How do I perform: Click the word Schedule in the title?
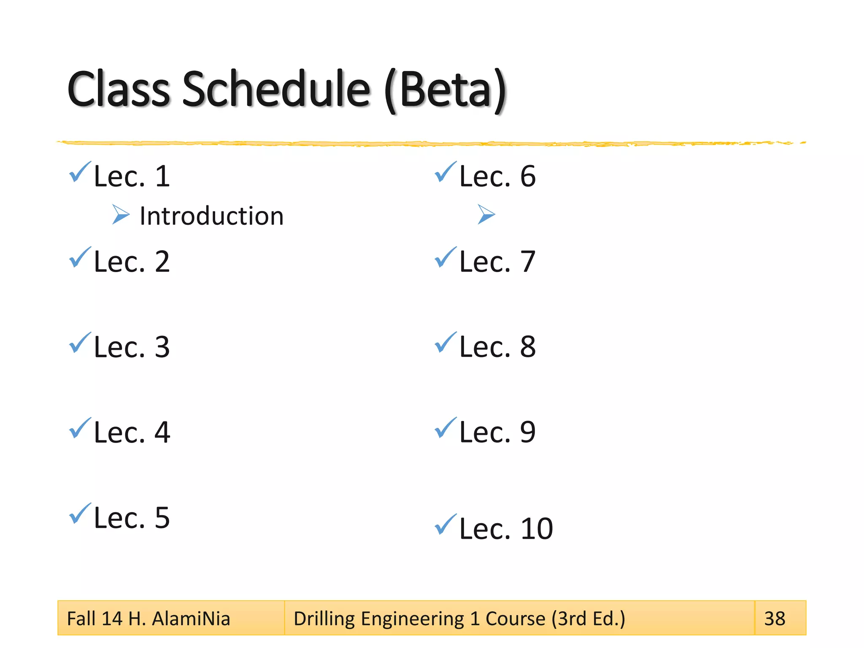[x=276, y=89]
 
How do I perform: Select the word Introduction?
[x=211, y=216]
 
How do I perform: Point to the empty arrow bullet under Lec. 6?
[x=486, y=214]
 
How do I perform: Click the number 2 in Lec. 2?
[x=162, y=262]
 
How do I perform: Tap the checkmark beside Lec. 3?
[x=80, y=343]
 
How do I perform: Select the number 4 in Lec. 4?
[x=162, y=433]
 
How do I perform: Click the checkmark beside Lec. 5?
[x=80, y=513]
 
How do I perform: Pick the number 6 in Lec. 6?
[x=528, y=176]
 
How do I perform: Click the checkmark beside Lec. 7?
[x=445, y=257]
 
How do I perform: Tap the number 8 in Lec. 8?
[x=528, y=347]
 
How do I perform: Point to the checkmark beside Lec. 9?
[x=445, y=428]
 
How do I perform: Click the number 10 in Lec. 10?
[x=537, y=529]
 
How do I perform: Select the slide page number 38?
[x=775, y=619]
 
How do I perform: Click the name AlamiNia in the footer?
[x=191, y=619]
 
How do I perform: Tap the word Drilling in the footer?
[x=324, y=619]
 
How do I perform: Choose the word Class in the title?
[x=119, y=89]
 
